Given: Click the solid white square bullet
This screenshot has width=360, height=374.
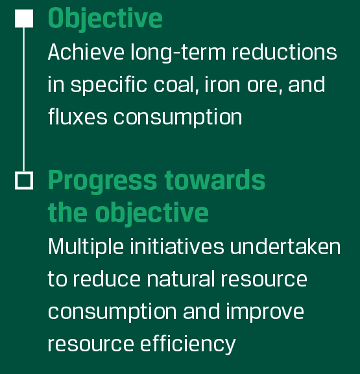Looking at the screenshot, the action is pos(24,18).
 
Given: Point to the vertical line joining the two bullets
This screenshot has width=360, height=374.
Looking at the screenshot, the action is pos(24,99).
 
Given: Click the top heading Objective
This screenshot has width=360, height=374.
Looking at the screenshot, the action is pos(105,19).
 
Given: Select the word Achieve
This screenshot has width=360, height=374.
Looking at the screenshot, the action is pos(86,52).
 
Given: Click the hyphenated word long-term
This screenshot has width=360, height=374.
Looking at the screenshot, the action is pos(178,53).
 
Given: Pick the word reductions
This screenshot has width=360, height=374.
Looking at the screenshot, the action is pos(284,52).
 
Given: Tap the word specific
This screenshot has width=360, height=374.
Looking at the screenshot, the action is pos(108,85).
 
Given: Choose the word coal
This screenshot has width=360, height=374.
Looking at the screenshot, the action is pos(176,85).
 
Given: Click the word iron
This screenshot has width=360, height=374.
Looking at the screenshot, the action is pos(222,84).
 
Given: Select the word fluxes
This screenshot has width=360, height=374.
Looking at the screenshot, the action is pos(78,117).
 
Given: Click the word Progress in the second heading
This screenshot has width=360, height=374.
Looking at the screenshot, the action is pos(102,181).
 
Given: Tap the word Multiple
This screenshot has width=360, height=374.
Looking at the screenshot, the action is pos(86,246).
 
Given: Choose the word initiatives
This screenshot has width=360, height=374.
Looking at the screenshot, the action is pos(177,246).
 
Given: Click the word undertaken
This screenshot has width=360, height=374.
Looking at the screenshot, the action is pos(285,246).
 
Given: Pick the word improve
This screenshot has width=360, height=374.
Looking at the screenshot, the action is pos(265,312).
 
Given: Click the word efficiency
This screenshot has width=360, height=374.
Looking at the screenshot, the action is pos(188,344).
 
